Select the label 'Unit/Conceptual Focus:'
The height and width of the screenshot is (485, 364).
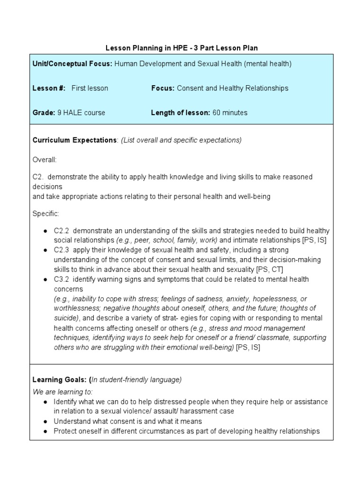pyautogui.click(x=72, y=63)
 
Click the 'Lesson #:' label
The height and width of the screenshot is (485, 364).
pyautogui.click(x=49, y=88)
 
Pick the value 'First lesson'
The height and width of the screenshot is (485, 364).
pyautogui.click(x=90, y=88)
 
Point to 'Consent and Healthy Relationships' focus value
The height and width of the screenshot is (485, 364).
pyautogui.click(x=232, y=88)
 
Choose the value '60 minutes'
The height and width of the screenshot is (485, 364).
pyautogui.click(x=230, y=113)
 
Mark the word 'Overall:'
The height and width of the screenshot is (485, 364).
pyautogui.click(x=45, y=160)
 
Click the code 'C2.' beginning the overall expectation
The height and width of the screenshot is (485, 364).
pyautogui.click(x=38, y=177)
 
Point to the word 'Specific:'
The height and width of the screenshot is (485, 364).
pyautogui.click(x=46, y=214)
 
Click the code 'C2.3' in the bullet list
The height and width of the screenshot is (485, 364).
pyautogui.click(x=62, y=250)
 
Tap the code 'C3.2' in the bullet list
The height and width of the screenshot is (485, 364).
pyautogui.click(x=62, y=279)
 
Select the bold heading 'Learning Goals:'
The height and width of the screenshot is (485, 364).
pyautogui.click(x=60, y=379)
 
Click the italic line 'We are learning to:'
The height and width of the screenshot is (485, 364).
pyautogui.click(x=63, y=392)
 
